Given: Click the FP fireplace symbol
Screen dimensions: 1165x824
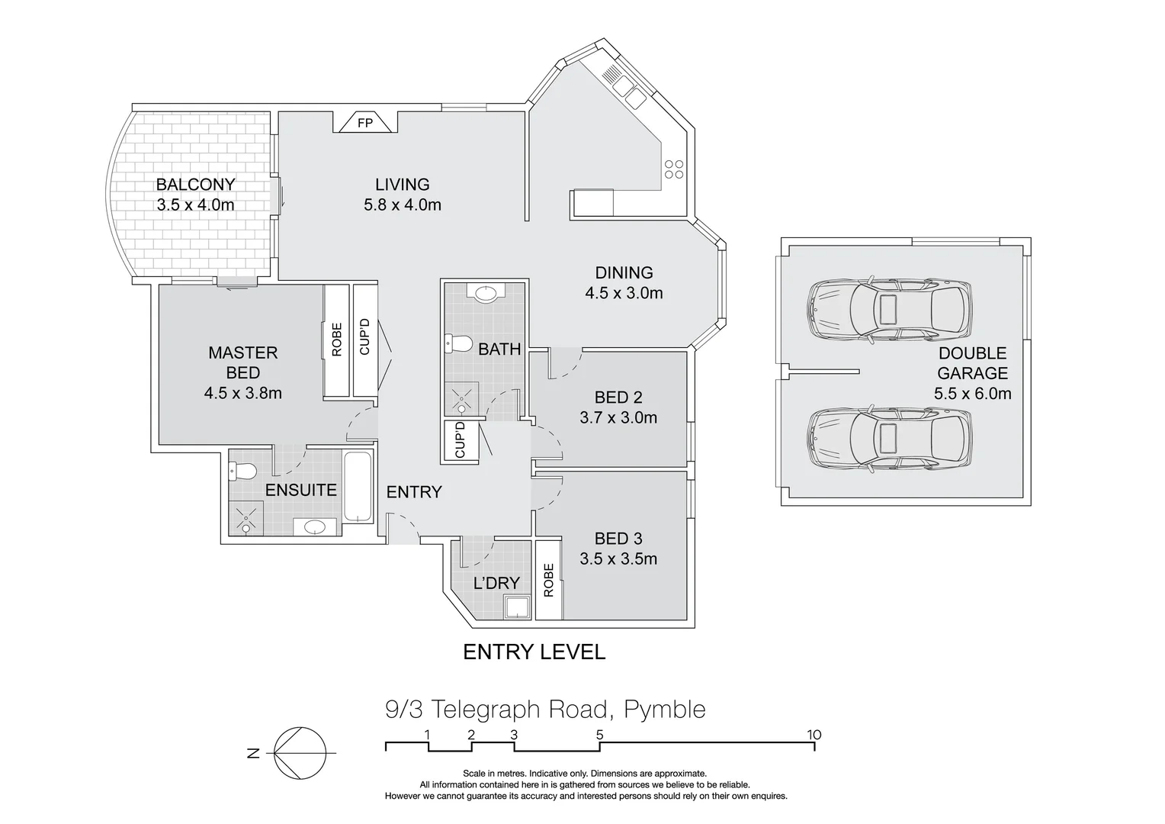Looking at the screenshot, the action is point(365,122).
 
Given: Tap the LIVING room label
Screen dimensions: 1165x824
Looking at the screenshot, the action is point(403,185).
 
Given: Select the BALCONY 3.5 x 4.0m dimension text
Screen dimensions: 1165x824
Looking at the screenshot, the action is point(195,204).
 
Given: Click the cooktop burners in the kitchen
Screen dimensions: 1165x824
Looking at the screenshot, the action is point(673,169).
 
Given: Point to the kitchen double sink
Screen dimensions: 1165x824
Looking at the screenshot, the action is point(628,92).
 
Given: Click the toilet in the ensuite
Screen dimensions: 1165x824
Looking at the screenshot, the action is point(242,472).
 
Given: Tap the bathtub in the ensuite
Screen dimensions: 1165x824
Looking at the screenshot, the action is point(358,487).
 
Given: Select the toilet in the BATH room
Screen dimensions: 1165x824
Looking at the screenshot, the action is point(458,344).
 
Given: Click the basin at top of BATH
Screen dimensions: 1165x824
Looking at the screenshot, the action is point(486,292).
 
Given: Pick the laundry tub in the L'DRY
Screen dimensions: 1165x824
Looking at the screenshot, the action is point(517,607).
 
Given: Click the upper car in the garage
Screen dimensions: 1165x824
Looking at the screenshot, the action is point(889,310).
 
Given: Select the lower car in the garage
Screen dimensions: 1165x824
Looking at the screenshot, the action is point(889,440).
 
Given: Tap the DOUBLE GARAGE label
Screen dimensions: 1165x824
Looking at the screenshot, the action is point(973,363).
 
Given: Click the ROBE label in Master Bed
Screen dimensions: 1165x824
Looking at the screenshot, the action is point(336,340).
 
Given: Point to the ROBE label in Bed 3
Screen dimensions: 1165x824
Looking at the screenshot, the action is point(549,581).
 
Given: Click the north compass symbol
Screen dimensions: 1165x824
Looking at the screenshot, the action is point(300,753).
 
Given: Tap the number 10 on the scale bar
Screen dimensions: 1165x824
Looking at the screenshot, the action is point(814,735).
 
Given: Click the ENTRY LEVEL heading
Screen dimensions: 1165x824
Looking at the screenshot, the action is point(534,652).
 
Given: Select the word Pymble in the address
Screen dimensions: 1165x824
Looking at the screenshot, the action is point(665,710).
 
